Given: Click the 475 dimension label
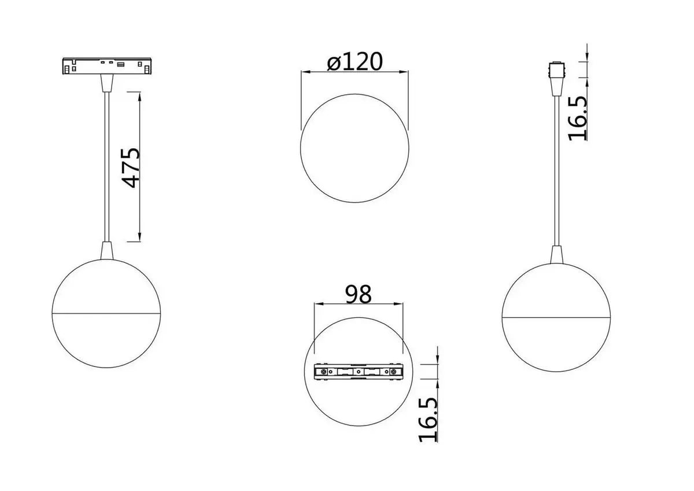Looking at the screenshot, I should [132, 168].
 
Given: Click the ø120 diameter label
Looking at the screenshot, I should [354, 61].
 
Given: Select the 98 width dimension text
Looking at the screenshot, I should [358, 294].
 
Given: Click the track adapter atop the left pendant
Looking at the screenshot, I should [106, 66].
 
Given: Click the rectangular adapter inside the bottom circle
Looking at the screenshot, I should [357, 372].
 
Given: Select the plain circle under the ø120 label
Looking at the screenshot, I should [354, 148].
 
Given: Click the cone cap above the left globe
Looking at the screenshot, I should [106, 250].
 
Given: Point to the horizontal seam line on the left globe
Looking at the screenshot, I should [106, 313].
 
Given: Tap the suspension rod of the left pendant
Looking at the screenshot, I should [106, 168].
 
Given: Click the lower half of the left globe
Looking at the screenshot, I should [106, 342].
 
